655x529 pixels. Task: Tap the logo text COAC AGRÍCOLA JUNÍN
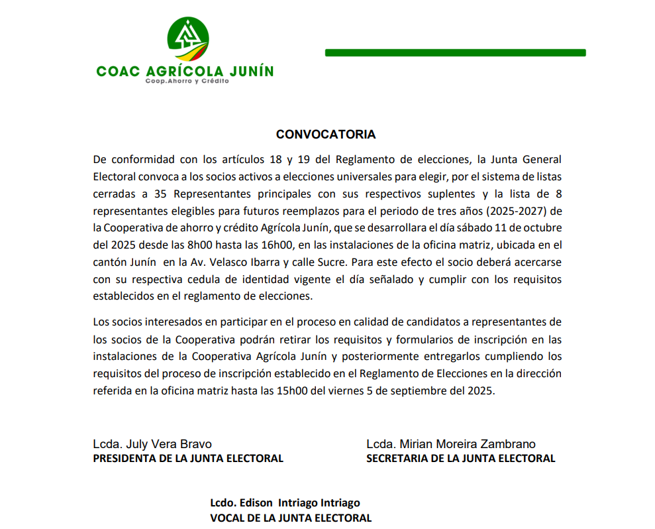[185, 71]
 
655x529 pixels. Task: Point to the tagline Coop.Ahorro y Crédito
[187, 81]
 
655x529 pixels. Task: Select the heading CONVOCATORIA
[326, 135]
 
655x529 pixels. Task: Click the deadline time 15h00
[291, 390]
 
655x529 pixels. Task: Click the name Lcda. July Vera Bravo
[153, 444]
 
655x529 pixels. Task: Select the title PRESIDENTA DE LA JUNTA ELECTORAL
[188, 458]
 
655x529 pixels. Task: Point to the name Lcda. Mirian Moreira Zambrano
[451, 444]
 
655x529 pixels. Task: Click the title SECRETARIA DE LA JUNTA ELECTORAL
[461, 458]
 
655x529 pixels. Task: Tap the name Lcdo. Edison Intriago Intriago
[285, 503]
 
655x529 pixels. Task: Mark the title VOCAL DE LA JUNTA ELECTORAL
[291, 518]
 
